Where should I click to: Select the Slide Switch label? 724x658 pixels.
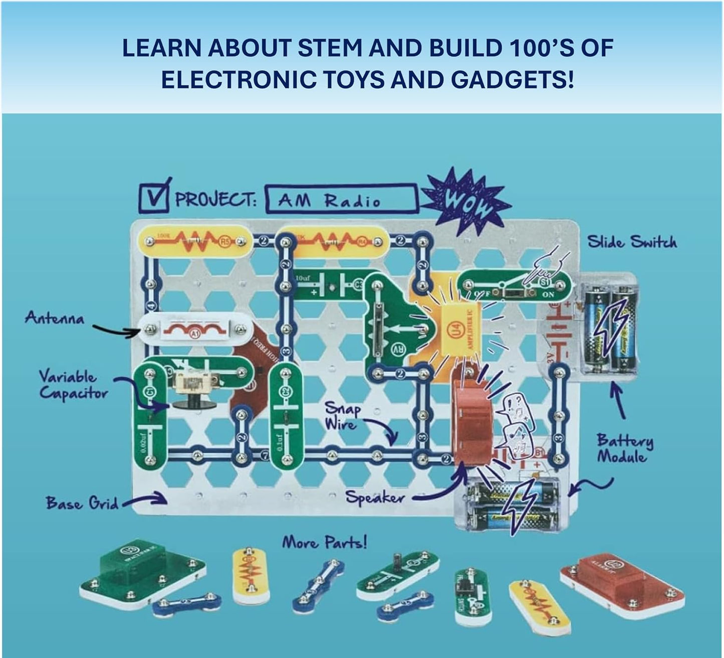pos(632,242)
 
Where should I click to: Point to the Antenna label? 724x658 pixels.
pos(55,318)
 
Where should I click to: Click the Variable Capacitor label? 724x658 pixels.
pos(73,385)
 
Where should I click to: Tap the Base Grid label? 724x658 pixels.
pos(82,503)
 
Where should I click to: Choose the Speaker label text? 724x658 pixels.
pos(375,497)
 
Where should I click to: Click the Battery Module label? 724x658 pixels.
pos(625,448)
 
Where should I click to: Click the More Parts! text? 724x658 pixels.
pos(324,542)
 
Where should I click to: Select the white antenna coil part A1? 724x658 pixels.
pos(194,329)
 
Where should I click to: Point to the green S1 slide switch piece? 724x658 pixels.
pos(515,285)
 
